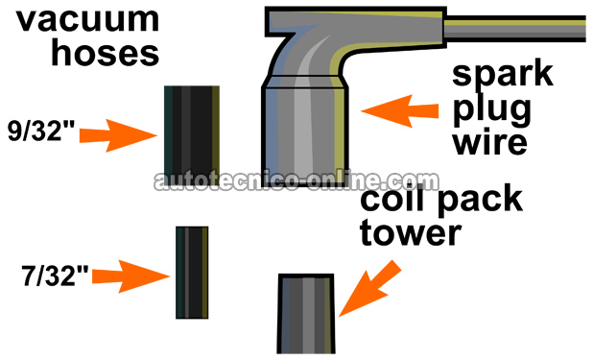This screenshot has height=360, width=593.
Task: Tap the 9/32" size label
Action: click(42, 130)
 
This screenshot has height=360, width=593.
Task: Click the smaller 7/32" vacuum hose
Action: click(192, 273)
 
